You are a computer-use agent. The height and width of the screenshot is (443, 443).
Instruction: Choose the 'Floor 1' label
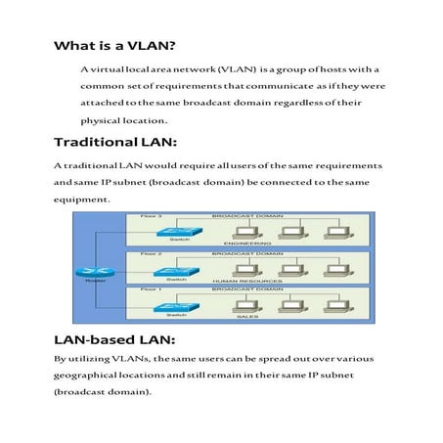[x=153, y=289]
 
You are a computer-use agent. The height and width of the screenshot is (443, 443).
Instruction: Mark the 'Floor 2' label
[x=153, y=253]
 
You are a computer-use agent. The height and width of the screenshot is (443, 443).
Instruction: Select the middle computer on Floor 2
[x=290, y=267]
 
